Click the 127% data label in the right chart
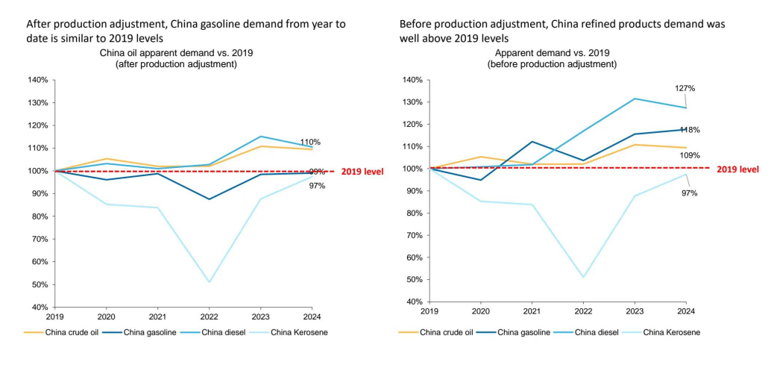coord(685,88)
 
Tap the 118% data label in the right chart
coord(690,130)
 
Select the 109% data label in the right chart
coord(690,155)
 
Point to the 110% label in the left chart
coord(310,142)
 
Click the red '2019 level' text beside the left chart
coord(362,172)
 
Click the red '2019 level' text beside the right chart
coord(737,169)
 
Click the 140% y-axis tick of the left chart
coord(39,80)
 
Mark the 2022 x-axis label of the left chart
coord(209,315)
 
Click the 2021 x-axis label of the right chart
coord(532,310)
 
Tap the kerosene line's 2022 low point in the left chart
coord(209,282)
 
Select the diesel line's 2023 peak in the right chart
coord(635,99)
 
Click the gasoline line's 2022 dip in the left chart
coord(209,199)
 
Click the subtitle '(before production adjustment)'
coord(553,64)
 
